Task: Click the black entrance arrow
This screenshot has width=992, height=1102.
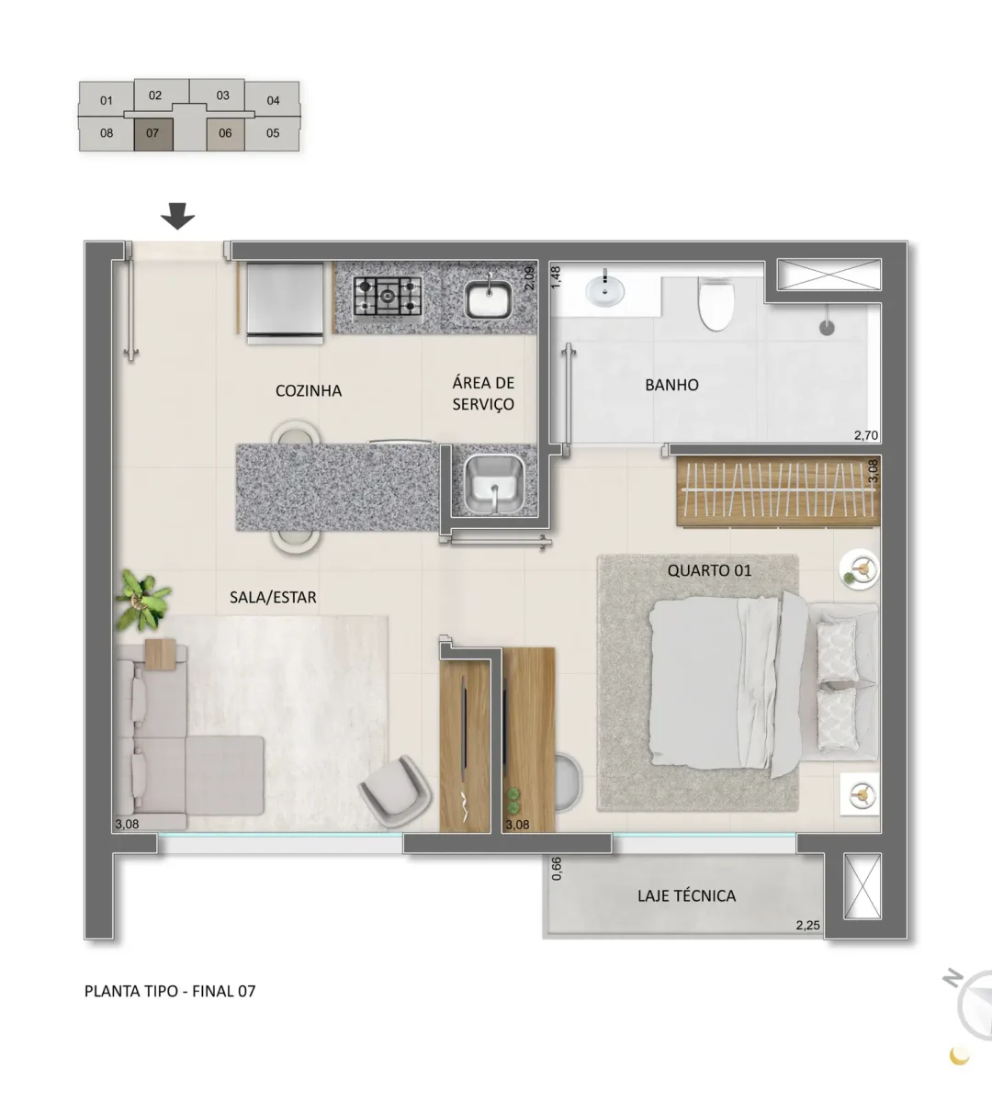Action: click(x=177, y=216)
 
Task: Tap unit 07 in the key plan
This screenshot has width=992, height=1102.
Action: click(x=153, y=134)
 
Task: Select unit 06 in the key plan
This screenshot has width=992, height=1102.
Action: click(x=225, y=134)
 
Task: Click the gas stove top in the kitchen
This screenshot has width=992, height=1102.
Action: click(x=388, y=298)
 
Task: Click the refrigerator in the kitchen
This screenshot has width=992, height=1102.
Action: click(x=285, y=303)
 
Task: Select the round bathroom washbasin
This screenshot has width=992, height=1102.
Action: click(x=605, y=290)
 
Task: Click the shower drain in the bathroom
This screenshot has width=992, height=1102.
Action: click(x=827, y=328)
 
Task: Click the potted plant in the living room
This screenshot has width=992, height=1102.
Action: click(x=141, y=600)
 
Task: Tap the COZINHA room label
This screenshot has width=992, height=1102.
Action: click(x=309, y=390)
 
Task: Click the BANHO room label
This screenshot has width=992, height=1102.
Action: click(x=671, y=385)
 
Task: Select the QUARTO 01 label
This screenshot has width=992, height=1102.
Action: click(x=709, y=570)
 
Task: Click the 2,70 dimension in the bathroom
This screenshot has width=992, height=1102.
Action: click(x=866, y=435)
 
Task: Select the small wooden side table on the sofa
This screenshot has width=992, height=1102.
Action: click(x=161, y=654)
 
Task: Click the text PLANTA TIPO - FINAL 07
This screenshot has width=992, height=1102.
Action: click(x=170, y=991)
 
